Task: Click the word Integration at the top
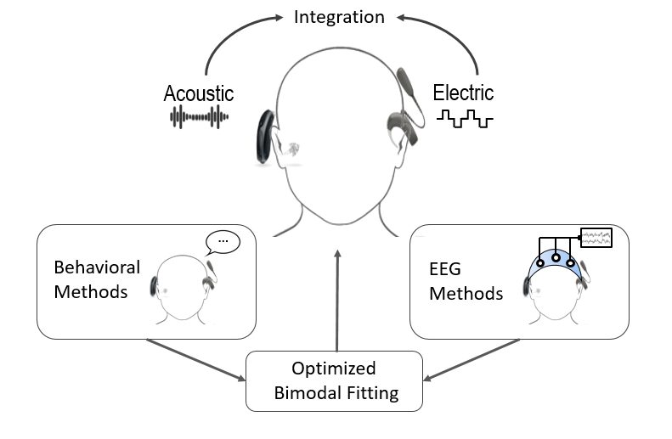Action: tap(338, 17)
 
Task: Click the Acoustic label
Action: tap(199, 93)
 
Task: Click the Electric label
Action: tap(463, 92)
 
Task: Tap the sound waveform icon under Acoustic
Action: tap(200, 118)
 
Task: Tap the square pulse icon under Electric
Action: tap(465, 119)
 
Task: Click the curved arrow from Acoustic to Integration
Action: tap(223, 38)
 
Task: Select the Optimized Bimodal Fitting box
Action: tap(334, 381)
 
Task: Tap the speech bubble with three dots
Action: tap(223, 242)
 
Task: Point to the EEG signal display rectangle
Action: tap(596, 237)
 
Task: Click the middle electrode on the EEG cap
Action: tap(555, 258)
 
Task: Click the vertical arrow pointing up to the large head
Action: tap(338, 297)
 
